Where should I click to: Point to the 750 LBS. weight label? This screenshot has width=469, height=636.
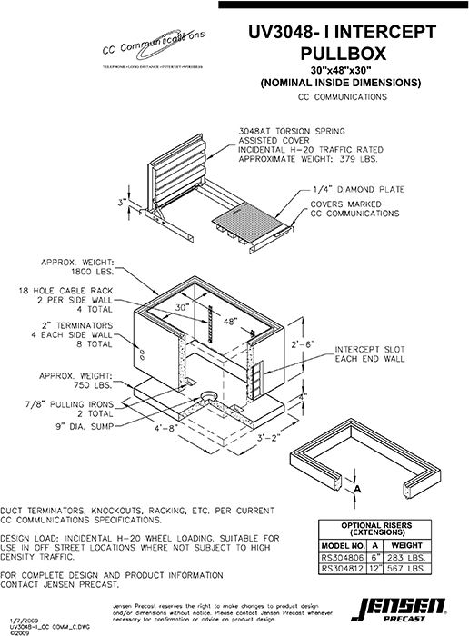(x=90, y=383)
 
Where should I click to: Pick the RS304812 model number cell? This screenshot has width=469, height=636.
(x=344, y=569)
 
